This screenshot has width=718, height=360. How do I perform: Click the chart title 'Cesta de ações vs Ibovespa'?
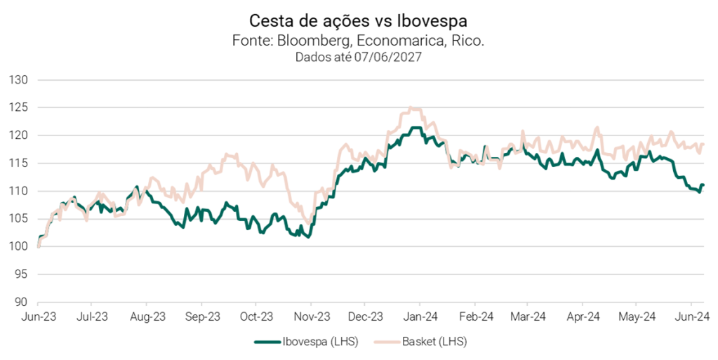click(x=358, y=19)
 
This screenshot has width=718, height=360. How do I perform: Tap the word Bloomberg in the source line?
click(x=310, y=41)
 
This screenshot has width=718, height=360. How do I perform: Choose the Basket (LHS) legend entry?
click(x=425, y=342)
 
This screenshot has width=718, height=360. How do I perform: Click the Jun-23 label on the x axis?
click(x=39, y=316)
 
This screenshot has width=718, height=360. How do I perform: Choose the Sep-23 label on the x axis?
click(x=203, y=316)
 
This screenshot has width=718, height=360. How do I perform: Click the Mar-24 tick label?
click(x=530, y=316)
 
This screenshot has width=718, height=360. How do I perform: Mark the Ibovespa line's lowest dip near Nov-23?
click(x=309, y=237)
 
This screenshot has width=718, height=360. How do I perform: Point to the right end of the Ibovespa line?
click(x=703, y=185)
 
